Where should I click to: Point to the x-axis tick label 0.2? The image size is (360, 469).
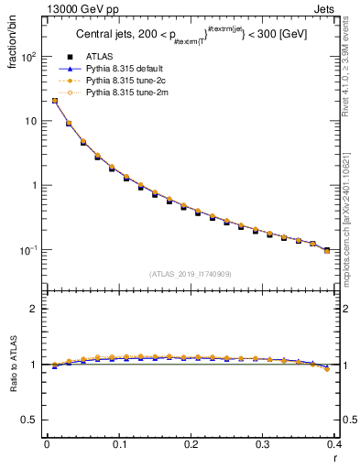(191, 445)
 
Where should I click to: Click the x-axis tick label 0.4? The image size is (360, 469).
(333, 445)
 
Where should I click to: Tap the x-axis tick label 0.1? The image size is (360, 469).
(118, 445)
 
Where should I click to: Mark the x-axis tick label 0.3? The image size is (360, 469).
(262, 445)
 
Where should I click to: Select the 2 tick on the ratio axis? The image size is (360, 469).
(35, 309)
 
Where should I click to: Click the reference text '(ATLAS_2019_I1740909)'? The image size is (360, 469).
(190, 274)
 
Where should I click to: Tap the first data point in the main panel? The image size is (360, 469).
(54, 101)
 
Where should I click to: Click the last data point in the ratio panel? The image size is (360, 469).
(327, 369)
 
